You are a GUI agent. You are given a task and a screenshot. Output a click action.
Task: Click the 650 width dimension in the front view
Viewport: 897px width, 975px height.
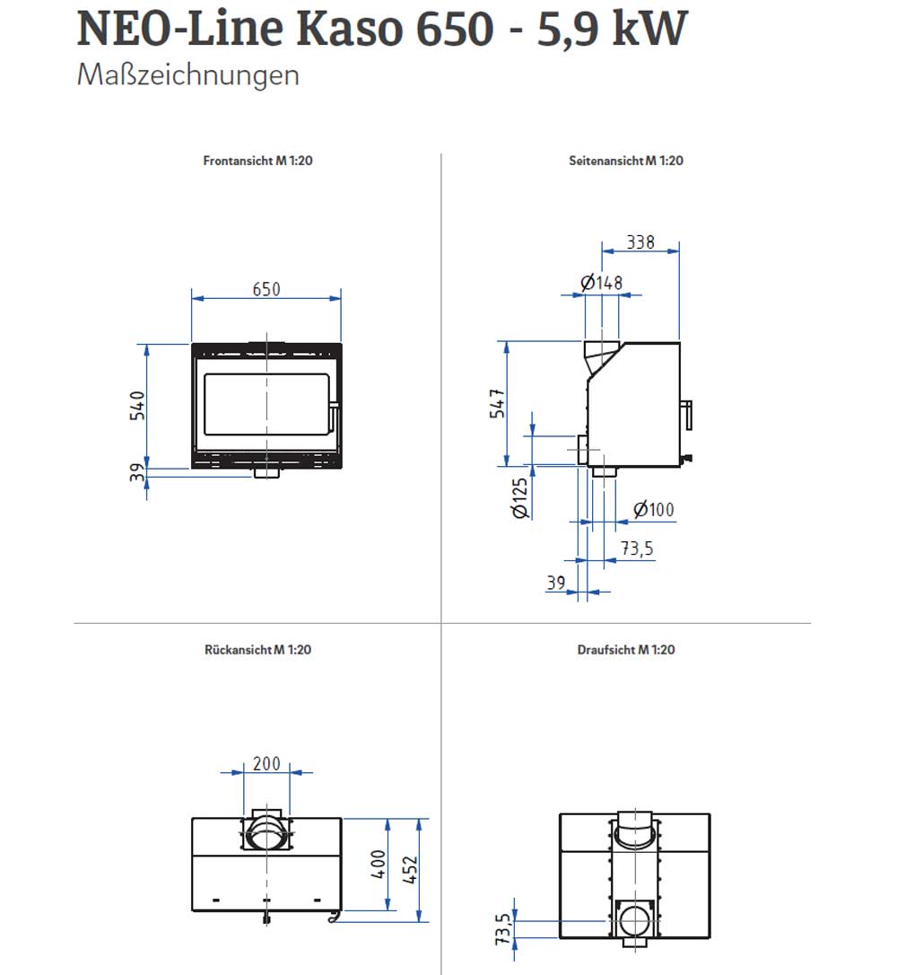(x=266, y=289)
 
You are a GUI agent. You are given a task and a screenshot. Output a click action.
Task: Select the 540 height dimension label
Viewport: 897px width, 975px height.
(x=137, y=406)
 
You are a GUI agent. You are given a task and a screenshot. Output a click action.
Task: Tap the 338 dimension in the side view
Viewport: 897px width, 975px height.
(x=640, y=242)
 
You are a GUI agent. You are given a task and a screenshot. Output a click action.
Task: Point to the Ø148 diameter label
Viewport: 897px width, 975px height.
(x=601, y=283)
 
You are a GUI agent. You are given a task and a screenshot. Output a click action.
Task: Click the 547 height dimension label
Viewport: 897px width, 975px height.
(x=498, y=403)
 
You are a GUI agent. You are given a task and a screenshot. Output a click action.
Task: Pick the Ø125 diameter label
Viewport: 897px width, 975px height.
(x=520, y=498)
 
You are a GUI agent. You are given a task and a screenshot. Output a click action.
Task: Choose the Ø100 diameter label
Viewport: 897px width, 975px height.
(x=654, y=510)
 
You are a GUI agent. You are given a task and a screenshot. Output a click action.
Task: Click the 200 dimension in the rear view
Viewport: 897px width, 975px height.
(x=266, y=764)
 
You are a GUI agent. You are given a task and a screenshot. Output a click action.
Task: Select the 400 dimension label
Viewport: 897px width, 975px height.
(x=379, y=865)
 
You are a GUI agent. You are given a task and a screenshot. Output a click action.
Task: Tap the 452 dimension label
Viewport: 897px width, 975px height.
(x=410, y=870)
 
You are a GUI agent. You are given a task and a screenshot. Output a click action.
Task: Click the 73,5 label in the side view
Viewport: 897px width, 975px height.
(x=638, y=549)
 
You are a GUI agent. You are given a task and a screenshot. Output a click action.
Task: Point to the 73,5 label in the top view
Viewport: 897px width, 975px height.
(x=502, y=929)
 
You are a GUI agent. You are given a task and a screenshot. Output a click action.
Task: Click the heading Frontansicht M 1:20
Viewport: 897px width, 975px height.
(x=257, y=161)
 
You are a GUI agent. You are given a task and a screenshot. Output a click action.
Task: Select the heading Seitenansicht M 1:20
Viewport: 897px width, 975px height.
(x=626, y=161)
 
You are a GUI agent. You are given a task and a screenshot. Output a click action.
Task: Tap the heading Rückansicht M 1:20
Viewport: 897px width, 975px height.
(x=257, y=650)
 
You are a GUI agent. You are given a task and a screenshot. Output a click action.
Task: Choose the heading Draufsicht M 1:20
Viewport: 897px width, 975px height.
(x=626, y=650)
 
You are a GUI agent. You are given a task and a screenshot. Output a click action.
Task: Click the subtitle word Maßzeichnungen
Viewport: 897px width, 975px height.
(x=187, y=75)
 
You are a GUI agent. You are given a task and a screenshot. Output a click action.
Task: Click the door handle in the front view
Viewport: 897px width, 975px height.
(x=334, y=418)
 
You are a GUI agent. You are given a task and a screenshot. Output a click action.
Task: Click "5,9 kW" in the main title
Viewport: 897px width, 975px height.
(x=612, y=28)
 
